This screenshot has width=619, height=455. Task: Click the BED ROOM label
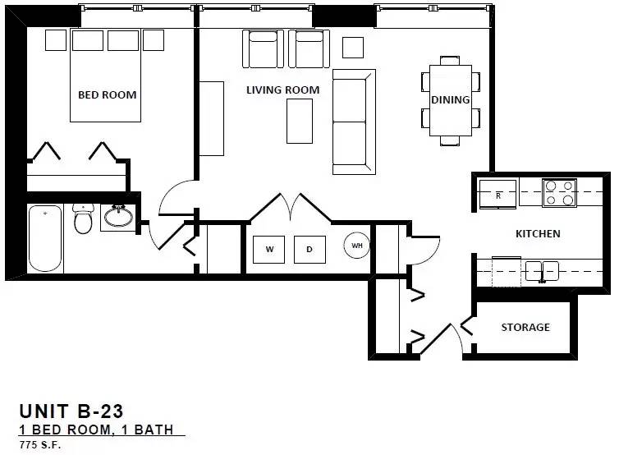(x=108, y=94)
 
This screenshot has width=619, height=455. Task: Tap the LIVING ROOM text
(x=282, y=90)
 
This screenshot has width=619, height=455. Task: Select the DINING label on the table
(x=451, y=99)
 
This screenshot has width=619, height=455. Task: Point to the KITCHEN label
(x=538, y=234)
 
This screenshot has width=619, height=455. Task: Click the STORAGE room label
(x=525, y=327)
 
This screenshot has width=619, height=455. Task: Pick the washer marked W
(x=268, y=249)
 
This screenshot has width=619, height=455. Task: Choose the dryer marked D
(x=309, y=249)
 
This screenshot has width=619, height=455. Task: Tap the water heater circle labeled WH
(x=357, y=246)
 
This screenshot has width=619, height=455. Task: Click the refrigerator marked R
(x=497, y=194)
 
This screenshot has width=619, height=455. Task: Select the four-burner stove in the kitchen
(x=559, y=193)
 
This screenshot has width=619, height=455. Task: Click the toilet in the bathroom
(x=83, y=218)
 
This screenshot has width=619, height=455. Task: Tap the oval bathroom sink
(x=118, y=217)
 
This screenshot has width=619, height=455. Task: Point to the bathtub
(x=45, y=238)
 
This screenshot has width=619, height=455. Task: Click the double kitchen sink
(x=542, y=271)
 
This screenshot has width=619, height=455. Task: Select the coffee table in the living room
(x=300, y=121)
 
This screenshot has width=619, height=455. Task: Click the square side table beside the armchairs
(x=353, y=48)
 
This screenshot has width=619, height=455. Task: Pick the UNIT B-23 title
(x=71, y=411)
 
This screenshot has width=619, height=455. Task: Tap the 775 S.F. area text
(x=40, y=445)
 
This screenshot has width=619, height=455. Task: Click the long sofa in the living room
(x=354, y=122)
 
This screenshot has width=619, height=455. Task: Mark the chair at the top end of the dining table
(x=450, y=61)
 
